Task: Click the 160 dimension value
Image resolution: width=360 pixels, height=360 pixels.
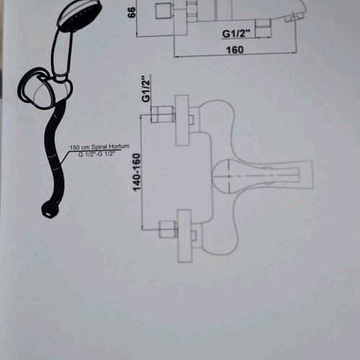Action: [235, 50]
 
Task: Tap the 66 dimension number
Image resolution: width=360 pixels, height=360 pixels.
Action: [132, 12]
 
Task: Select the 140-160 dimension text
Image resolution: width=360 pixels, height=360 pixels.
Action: [137, 172]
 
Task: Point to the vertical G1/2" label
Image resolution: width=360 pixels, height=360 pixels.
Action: [146, 89]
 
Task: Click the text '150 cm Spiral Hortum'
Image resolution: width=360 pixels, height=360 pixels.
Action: [99, 147]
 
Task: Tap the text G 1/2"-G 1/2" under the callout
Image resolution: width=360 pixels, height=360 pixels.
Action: [96, 154]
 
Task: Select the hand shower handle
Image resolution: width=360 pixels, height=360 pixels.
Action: [62, 52]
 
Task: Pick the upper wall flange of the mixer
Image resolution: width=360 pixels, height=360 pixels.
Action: [181, 120]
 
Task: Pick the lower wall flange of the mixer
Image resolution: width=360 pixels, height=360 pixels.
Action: [184, 236]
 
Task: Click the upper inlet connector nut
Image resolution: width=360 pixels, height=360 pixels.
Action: [163, 114]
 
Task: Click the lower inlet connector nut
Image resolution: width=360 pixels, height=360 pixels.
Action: [168, 230]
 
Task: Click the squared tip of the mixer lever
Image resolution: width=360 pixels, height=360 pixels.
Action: [305, 175]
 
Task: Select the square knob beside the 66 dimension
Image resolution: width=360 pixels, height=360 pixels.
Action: [163, 12]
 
